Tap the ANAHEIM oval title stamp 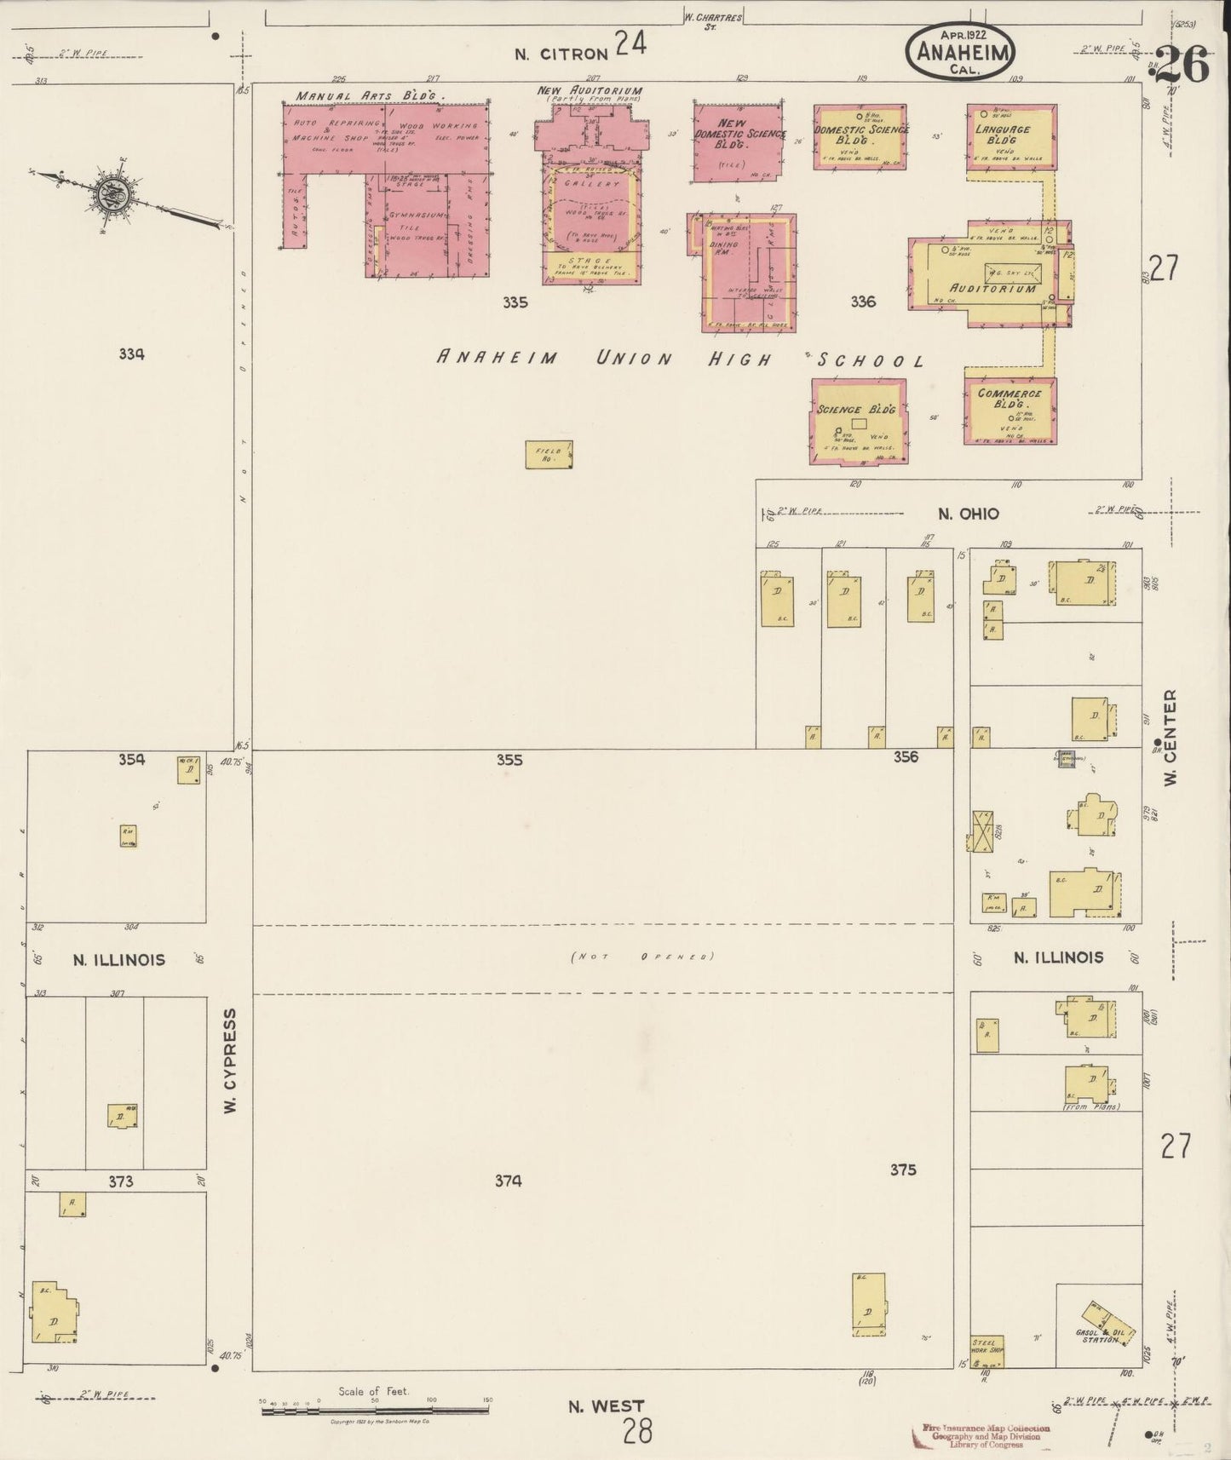pyautogui.click(x=960, y=52)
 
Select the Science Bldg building pyautogui.click(x=858, y=422)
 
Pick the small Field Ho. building pyautogui.click(x=549, y=454)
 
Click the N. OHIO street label pyautogui.click(x=968, y=514)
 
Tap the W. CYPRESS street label pyautogui.click(x=230, y=1060)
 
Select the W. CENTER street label pyautogui.click(x=1170, y=737)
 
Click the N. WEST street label pyautogui.click(x=607, y=1406)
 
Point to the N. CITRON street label pyautogui.click(x=561, y=54)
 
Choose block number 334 pyautogui.click(x=131, y=354)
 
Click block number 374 pyautogui.click(x=509, y=1181)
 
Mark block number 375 pyautogui.click(x=902, y=1170)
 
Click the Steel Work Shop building pyautogui.click(x=987, y=1351)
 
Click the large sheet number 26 pyautogui.click(x=1182, y=65)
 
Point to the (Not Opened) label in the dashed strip pyautogui.click(x=641, y=957)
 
